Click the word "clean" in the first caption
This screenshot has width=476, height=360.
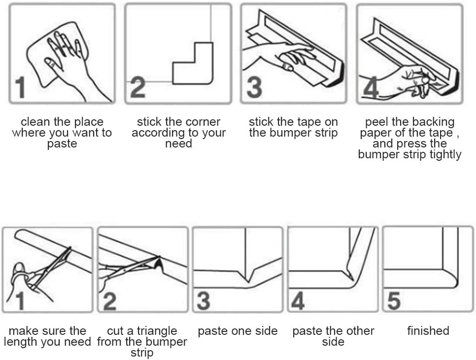33,122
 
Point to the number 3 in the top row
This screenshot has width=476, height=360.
254,87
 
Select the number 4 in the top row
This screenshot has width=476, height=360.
371,88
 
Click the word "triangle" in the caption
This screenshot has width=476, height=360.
156,331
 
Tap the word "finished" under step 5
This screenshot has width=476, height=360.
428,331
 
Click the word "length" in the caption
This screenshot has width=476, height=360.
20,342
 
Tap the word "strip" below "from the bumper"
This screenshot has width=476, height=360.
142,353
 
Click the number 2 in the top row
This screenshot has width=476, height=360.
138,87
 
